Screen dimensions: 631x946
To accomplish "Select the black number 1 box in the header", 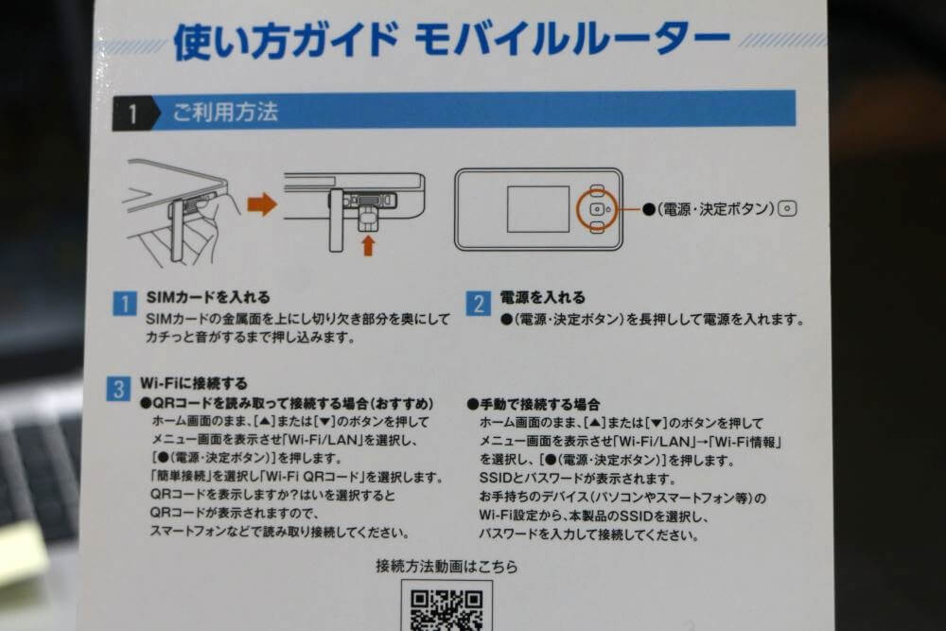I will point(131,114).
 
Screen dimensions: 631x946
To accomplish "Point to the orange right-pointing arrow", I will point(262,203).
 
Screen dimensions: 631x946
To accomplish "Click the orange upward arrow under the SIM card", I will point(368,245).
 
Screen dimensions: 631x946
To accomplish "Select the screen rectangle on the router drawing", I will point(537,209).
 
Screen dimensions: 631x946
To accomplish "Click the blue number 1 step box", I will point(125,304).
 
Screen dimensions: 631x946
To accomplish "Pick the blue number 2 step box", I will point(479,304).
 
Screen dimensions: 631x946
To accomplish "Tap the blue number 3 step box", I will point(118,389).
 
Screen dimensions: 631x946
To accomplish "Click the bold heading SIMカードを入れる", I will point(208,297).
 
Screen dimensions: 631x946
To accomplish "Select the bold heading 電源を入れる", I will point(542,297).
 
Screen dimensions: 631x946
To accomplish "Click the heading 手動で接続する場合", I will point(538,404).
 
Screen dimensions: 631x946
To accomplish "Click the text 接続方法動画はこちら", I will point(447,567).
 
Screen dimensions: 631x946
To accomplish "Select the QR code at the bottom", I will point(447,607).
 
